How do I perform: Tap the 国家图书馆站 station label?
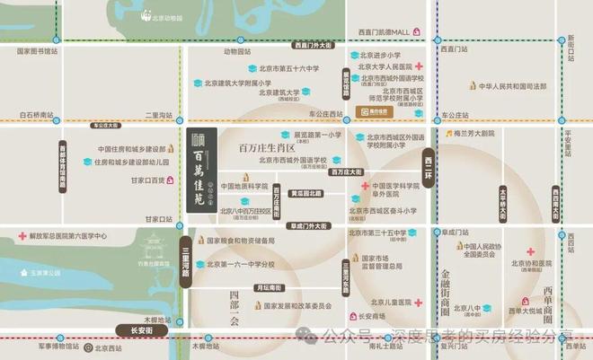pos(37,51)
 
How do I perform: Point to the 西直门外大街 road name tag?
pos(313,45)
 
